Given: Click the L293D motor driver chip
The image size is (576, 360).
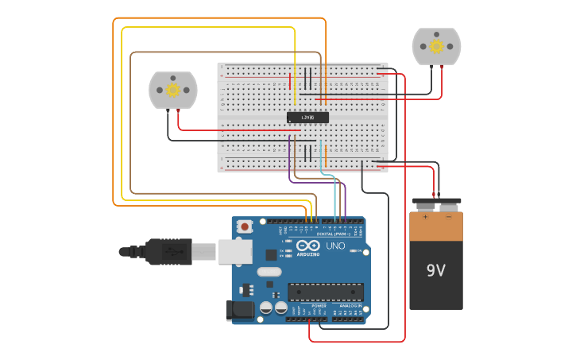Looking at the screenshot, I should [307, 118].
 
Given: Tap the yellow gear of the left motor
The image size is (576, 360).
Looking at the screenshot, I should [172, 90].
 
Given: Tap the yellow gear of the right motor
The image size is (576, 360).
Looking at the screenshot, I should [436, 47].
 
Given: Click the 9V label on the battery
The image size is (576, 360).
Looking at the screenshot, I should [436, 270].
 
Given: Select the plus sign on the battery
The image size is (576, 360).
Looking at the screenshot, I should [425, 215].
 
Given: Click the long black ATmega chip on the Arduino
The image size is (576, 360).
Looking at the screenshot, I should [325, 292].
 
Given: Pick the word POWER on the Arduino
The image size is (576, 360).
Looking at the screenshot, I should [319, 306].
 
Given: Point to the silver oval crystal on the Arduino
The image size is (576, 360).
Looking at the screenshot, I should [269, 272].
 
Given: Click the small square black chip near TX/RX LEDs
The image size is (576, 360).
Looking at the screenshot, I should [271, 255].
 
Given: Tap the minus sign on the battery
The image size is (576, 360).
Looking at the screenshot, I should [448, 215].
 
